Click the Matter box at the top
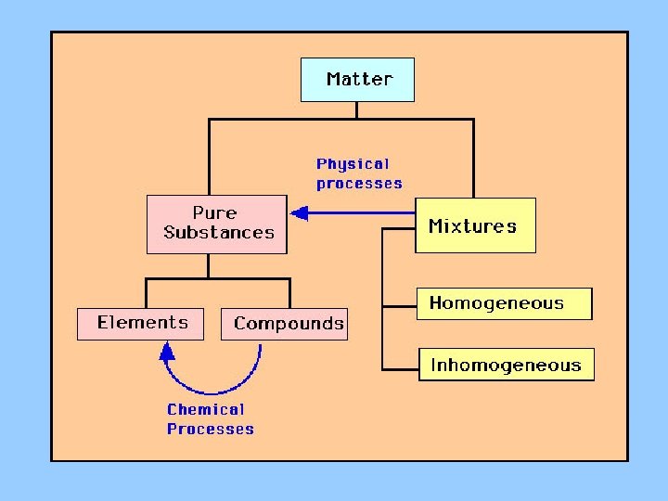(x=357, y=80)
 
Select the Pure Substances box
(x=217, y=224)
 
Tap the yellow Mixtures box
(x=474, y=225)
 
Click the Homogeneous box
(x=504, y=303)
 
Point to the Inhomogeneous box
(x=506, y=365)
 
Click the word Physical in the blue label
(x=353, y=164)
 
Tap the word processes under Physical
(x=359, y=184)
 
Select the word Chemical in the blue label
(x=205, y=409)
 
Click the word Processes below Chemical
(x=210, y=429)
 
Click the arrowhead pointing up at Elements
(x=167, y=351)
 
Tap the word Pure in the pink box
(x=214, y=213)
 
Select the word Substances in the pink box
(x=219, y=233)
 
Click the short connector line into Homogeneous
(x=400, y=304)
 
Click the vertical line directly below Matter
(x=357, y=109)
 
